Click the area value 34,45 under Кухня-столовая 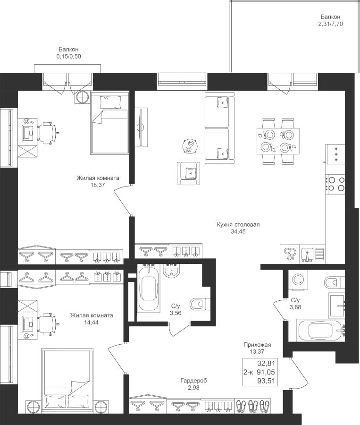coord(238,232)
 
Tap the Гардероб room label coord(193,381)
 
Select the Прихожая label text coord(257,345)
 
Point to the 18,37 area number coord(98,185)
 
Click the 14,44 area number coord(92,323)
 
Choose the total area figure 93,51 coord(266,381)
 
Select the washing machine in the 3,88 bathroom coord(299,280)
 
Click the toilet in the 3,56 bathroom coord(200,304)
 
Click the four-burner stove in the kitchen coord(335,184)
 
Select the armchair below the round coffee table coord(189,173)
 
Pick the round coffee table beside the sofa coord(190,146)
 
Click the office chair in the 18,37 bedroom coord(48,133)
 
